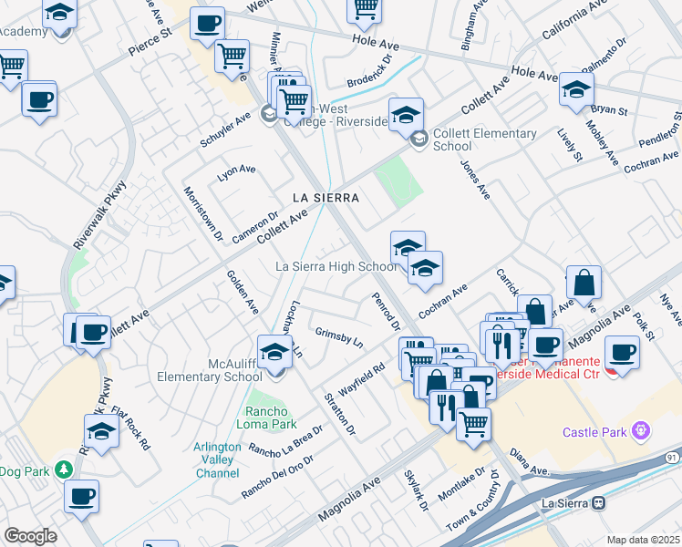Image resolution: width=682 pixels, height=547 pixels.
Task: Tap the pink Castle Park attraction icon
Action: [x=640, y=429]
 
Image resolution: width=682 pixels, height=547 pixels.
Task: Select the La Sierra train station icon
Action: [x=599, y=502]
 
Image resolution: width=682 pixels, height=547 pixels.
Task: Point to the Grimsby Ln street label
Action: [x=338, y=336]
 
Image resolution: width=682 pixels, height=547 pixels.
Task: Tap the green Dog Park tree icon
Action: [x=63, y=470]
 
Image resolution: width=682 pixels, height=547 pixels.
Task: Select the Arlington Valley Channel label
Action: [x=217, y=460]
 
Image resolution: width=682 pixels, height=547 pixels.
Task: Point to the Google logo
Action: [x=29, y=535]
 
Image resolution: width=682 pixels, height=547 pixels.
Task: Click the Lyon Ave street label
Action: [x=236, y=170]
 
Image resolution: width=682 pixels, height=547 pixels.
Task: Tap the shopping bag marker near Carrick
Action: [x=584, y=284]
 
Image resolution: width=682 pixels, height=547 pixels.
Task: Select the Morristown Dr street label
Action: [x=202, y=213]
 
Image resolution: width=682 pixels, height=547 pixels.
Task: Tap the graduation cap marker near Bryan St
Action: [x=576, y=89]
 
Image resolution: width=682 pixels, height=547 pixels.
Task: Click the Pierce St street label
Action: [x=150, y=43]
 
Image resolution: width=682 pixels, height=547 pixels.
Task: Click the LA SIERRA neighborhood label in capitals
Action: [x=325, y=197]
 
